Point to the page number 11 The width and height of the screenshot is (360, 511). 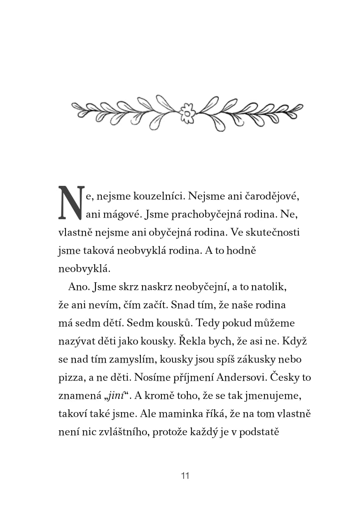click(x=185, y=476)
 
